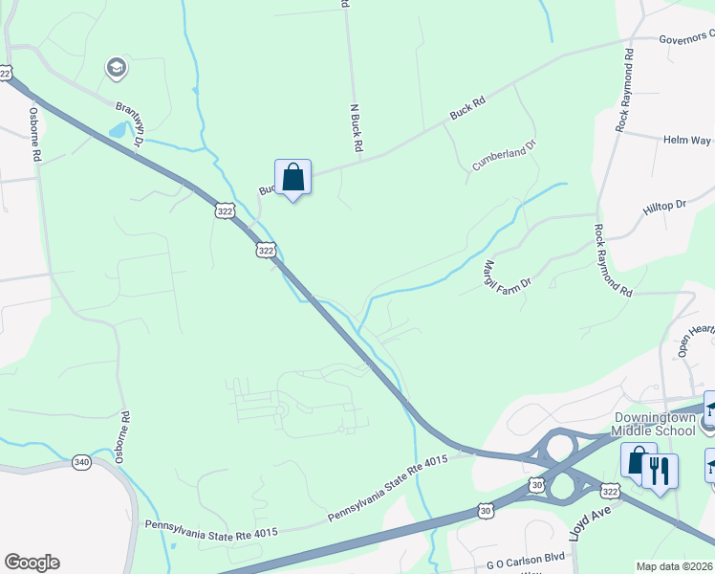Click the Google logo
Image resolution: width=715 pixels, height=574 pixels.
click(32, 563)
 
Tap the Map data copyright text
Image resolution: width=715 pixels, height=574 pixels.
click(675, 566)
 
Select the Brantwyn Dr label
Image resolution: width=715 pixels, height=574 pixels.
click(129, 122)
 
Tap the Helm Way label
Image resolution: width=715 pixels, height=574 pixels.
click(686, 140)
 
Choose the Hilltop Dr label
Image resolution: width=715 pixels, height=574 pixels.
click(667, 205)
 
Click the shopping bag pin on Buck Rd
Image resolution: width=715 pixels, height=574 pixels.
click(292, 177)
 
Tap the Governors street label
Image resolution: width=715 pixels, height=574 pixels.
click(686, 37)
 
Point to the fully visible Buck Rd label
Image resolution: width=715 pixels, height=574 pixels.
click(467, 110)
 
